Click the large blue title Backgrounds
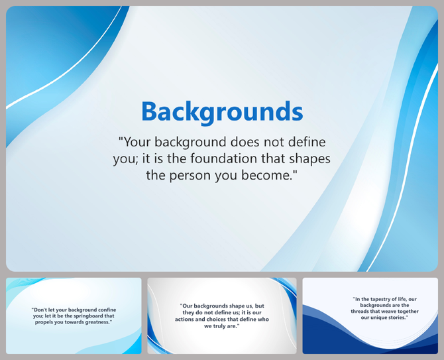(x=222, y=111)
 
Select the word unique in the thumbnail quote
(x=374, y=317)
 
